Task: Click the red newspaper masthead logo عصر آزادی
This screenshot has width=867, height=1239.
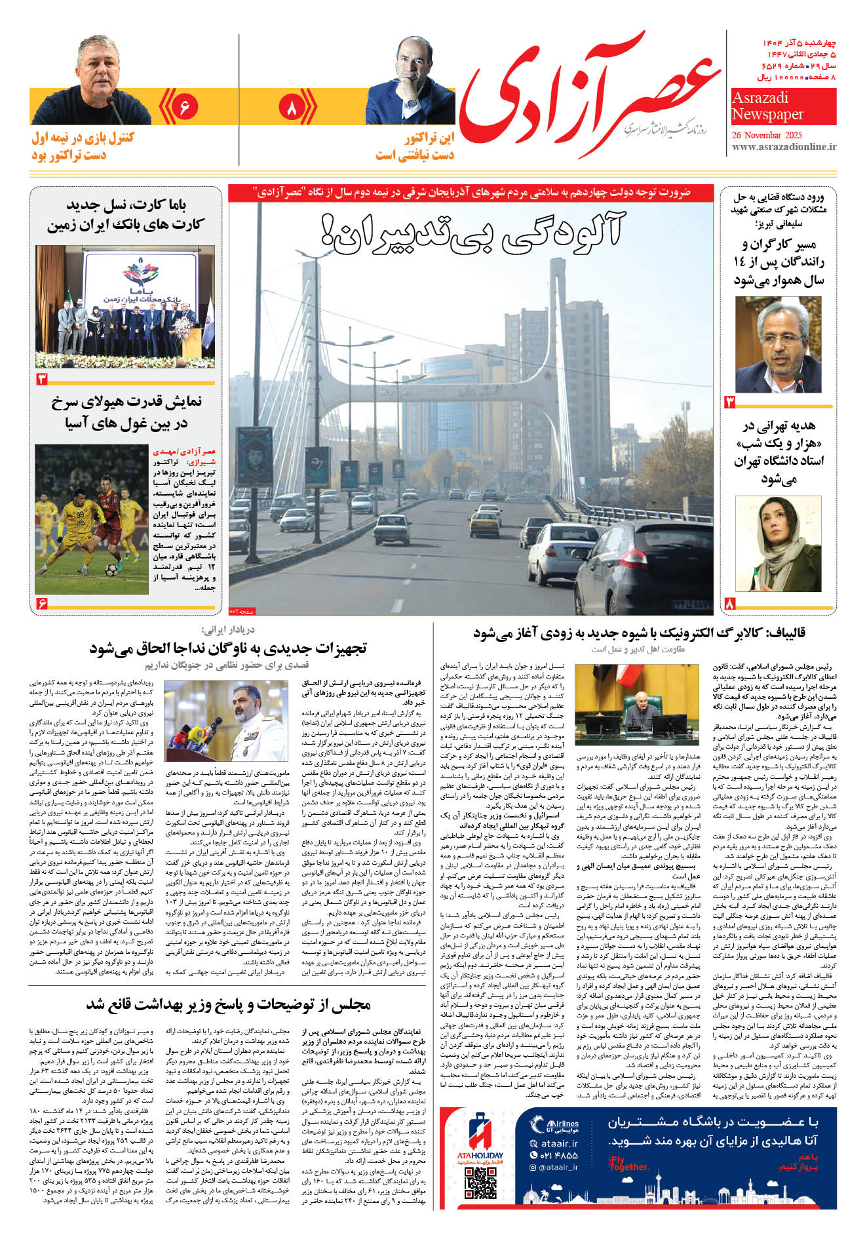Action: click(590, 92)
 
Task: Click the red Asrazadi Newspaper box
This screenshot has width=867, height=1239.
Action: click(783, 106)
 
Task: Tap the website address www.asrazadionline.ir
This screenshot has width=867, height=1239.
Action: click(784, 147)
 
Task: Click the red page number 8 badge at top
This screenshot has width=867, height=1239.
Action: click(292, 107)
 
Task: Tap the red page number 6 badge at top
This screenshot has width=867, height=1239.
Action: click(184, 106)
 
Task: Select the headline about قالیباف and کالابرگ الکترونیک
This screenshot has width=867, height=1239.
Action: click(639, 633)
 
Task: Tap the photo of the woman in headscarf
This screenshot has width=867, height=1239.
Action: click(778, 544)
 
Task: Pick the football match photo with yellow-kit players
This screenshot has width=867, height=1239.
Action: click(92, 520)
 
